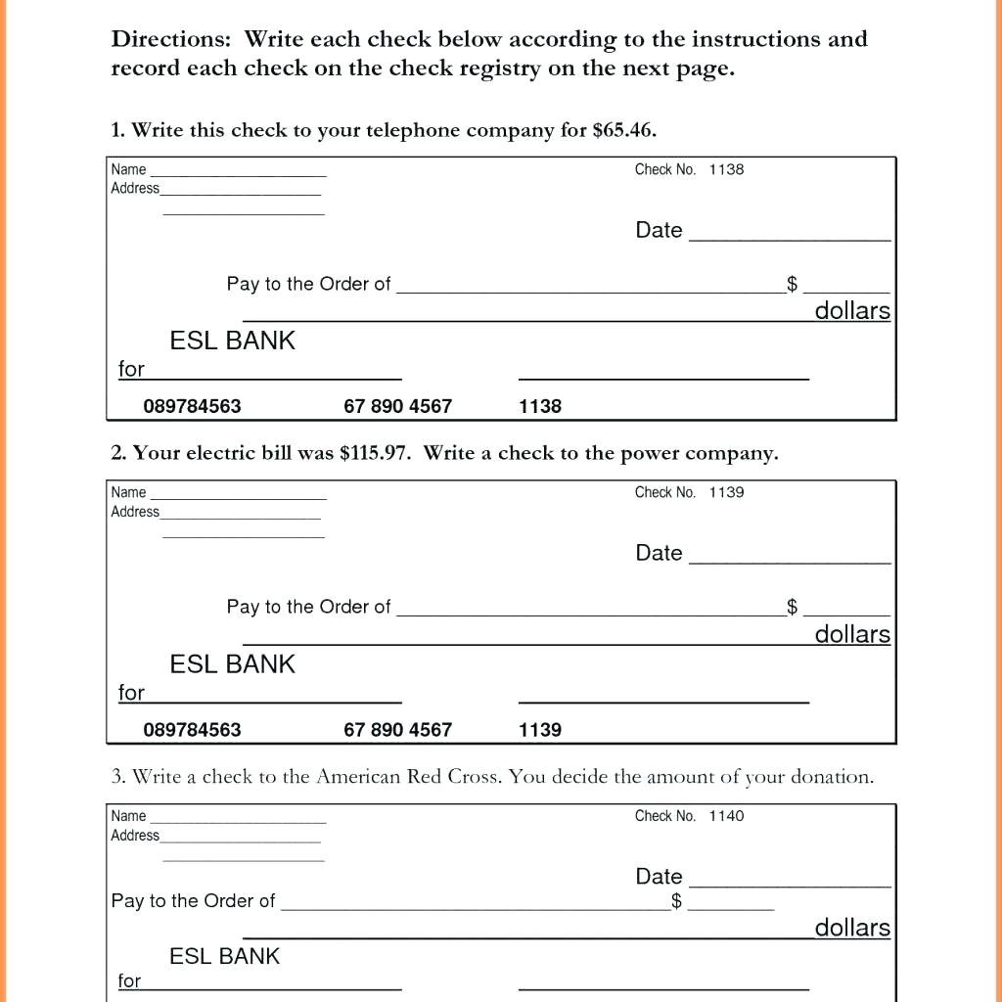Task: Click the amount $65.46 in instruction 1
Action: (x=624, y=130)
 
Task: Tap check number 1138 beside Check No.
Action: (x=726, y=169)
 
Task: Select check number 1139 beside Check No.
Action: (x=726, y=492)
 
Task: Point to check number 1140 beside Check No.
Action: (x=726, y=815)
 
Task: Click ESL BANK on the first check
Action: (x=232, y=341)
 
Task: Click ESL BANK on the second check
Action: (x=232, y=663)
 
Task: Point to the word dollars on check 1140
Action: (x=852, y=928)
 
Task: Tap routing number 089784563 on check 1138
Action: (x=192, y=406)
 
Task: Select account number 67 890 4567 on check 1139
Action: (x=397, y=729)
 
